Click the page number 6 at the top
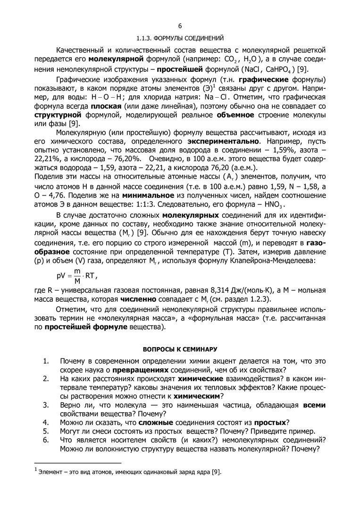point(180,26)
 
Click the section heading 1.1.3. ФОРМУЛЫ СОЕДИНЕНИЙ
point(180,37)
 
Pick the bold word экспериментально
point(223,141)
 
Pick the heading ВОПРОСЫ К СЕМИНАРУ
point(180,349)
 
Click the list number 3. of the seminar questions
point(46,405)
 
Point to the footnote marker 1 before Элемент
point(35,470)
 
